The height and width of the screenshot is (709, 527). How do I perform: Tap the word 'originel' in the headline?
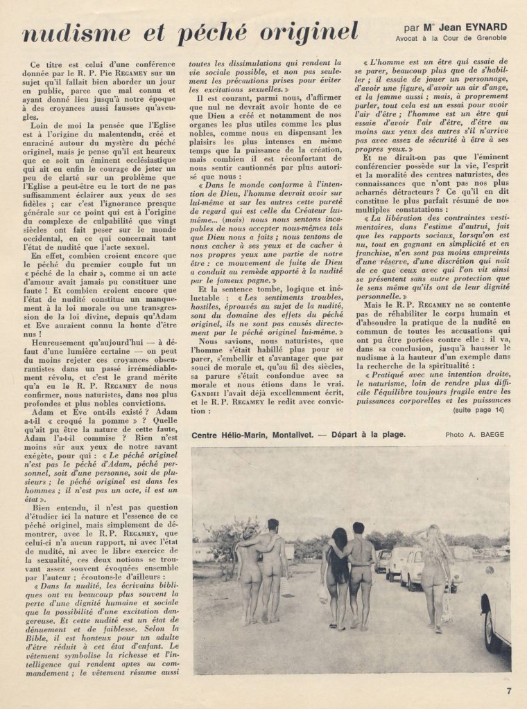coord(304,33)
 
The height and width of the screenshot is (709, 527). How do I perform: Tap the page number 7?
coord(508,689)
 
